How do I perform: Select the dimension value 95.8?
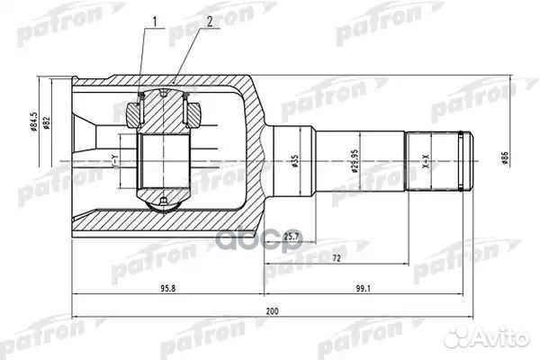[167, 290]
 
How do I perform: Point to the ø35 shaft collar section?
[292, 162]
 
